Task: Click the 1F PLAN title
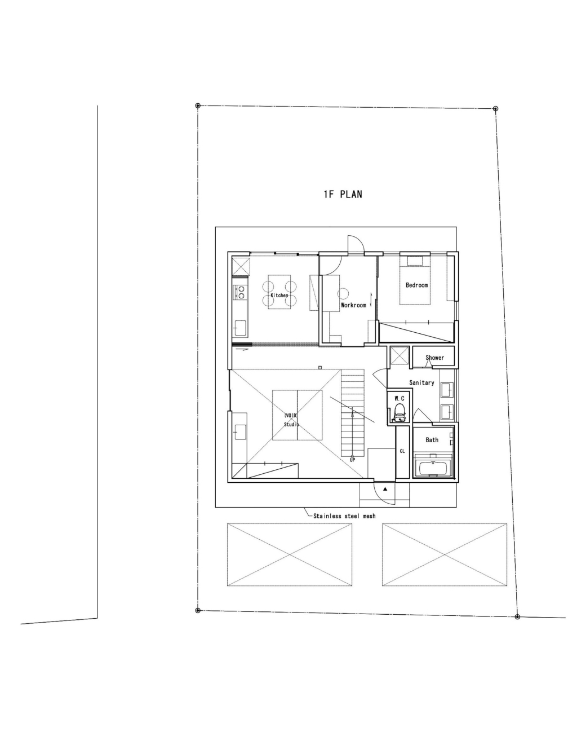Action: (x=343, y=194)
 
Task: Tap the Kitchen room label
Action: (x=279, y=295)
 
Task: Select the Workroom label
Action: (x=353, y=305)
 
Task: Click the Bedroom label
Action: (x=416, y=285)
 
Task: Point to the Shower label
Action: (x=435, y=358)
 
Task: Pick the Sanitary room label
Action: (x=421, y=382)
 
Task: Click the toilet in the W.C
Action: (x=400, y=413)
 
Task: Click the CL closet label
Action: (x=402, y=451)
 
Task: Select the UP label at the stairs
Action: (x=352, y=460)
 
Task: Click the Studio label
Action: (x=291, y=424)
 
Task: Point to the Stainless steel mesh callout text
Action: (x=344, y=516)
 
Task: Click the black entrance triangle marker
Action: (x=385, y=489)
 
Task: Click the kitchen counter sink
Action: (x=239, y=328)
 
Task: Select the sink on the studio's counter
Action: (x=240, y=432)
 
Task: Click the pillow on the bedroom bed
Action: (x=415, y=261)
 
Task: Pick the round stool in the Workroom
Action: (x=343, y=293)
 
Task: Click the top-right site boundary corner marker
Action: (x=495, y=109)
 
